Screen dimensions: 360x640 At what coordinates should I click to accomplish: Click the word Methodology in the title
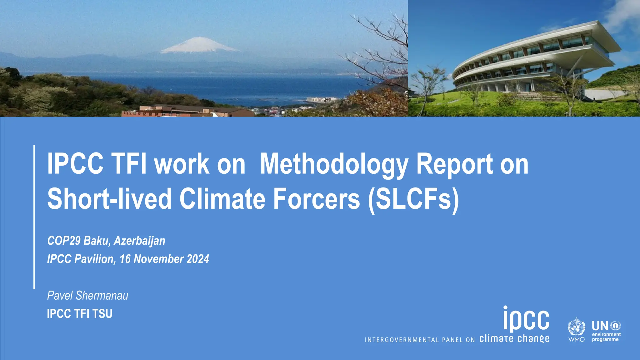pyautogui.click(x=334, y=164)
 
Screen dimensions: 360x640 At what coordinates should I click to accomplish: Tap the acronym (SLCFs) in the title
pyautogui.click(x=413, y=199)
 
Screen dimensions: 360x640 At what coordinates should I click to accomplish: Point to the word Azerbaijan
pyautogui.click(x=139, y=241)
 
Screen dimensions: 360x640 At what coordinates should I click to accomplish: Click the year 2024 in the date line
pyautogui.click(x=197, y=259)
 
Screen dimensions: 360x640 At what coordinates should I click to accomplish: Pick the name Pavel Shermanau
pyautogui.click(x=87, y=296)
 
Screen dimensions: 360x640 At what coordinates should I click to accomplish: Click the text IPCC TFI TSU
pyautogui.click(x=79, y=314)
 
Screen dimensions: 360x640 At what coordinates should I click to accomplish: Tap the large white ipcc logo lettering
pyautogui.click(x=526, y=319)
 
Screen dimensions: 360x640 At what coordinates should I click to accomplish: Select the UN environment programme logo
pyautogui.click(x=606, y=332)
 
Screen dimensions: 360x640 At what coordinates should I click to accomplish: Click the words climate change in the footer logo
pyautogui.click(x=514, y=339)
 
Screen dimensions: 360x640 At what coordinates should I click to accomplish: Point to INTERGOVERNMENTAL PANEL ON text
pyautogui.click(x=420, y=340)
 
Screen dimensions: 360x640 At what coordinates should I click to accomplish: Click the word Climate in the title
pyautogui.click(x=222, y=199)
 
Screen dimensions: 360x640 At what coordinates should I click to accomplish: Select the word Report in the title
pyautogui.click(x=455, y=164)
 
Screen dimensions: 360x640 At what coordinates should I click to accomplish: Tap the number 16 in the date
pyautogui.click(x=125, y=259)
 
